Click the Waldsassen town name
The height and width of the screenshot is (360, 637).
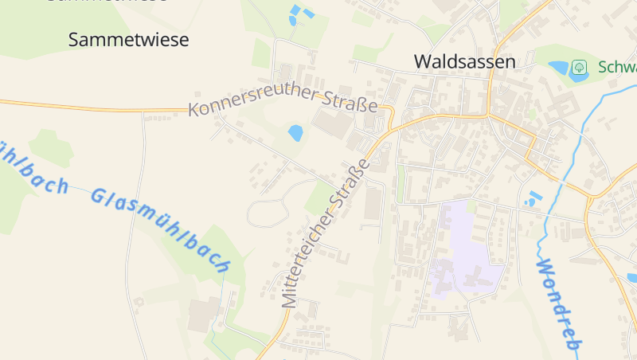(465, 61)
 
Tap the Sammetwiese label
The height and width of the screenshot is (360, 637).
(129, 40)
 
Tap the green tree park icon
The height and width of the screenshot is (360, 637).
(579, 66)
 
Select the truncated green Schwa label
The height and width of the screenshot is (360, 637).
(617, 66)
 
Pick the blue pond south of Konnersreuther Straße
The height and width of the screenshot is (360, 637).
(295, 132)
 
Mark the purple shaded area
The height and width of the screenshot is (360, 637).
(465, 247)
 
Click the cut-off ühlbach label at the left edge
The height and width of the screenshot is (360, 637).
(32, 167)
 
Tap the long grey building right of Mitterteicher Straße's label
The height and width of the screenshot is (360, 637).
(373, 204)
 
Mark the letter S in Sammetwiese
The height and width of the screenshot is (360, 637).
(74, 40)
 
